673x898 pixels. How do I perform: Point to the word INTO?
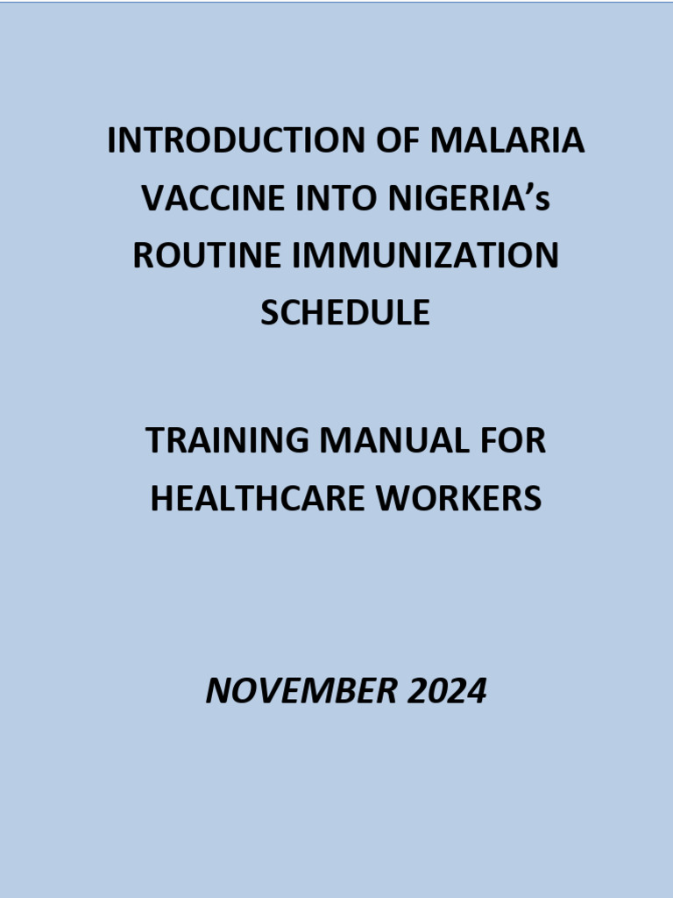(x=322, y=199)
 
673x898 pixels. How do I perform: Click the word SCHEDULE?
(x=345, y=313)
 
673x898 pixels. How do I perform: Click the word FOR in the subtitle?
(x=514, y=441)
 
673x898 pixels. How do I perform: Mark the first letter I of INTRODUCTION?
(x=112, y=141)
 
